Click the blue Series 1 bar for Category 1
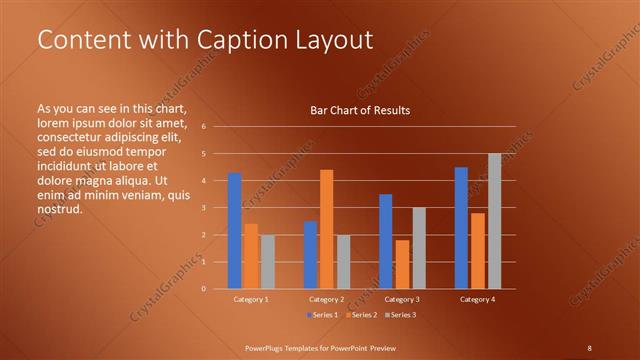[x=234, y=231]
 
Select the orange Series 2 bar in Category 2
[x=326, y=229]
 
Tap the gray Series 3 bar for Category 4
[x=494, y=221]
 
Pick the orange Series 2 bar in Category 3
[x=402, y=264]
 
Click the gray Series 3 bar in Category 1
[x=267, y=262]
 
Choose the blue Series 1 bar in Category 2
[x=310, y=255]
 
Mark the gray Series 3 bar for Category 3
[x=419, y=248]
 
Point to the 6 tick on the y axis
[x=203, y=127]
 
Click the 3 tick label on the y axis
[x=203, y=208]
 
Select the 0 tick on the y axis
[x=203, y=289]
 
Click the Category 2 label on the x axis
[x=326, y=299]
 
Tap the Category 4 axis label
[x=477, y=299]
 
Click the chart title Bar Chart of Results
[x=360, y=110]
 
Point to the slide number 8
[x=590, y=347]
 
